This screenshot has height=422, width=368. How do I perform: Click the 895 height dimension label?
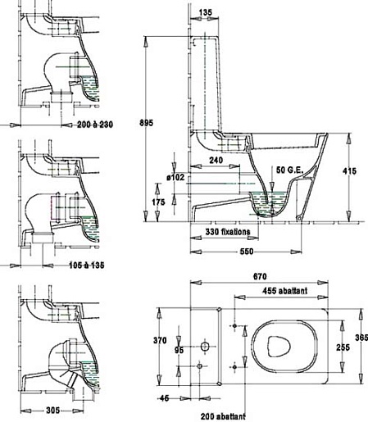tap(146, 123)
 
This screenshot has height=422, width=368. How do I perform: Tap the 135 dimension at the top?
tap(205, 12)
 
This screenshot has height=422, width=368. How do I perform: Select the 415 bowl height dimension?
tap(349, 171)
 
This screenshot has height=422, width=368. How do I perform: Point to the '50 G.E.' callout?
tap(290, 170)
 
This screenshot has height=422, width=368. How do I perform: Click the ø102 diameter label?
tap(175, 177)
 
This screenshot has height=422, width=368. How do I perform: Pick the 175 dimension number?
tap(158, 202)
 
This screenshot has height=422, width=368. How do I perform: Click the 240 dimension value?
tap(216, 161)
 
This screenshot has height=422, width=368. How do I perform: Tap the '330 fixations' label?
tap(228, 232)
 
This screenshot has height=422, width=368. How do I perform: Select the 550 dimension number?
tap(247, 252)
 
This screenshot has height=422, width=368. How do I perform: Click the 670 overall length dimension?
tap(260, 277)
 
